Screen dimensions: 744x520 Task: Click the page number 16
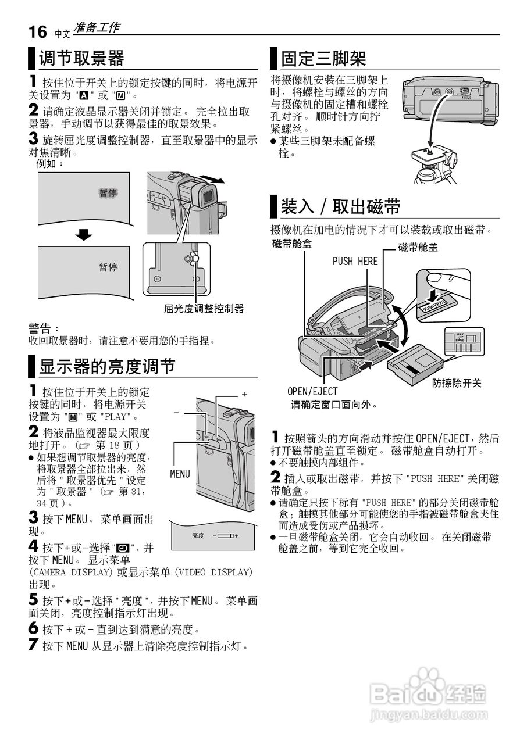pyautogui.click(x=38, y=31)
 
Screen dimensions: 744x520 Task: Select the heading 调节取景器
pyautogui.click(x=81, y=59)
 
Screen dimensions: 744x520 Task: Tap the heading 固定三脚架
pyautogui.click(x=323, y=59)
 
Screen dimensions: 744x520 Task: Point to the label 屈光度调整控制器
pyautogui.click(x=204, y=309)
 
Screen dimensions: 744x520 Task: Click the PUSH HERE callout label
pyautogui.click(x=355, y=262)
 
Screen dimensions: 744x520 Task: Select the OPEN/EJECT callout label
pyautogui.click(x=312, y=392)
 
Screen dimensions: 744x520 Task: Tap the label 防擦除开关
pyautogui.click(x=457, y=384)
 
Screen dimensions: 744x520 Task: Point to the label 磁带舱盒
pyautogui.click(x=291, y=244)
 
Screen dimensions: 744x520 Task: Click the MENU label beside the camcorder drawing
pyautogui.click(x=180, y=474)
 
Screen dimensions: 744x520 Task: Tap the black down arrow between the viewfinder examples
pyautogui.click(x=84, y=235)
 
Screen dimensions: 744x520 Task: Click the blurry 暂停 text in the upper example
pyautogui.click(x=108, y=193)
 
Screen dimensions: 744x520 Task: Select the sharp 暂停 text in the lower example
pyautogui.click(x=108, y=267)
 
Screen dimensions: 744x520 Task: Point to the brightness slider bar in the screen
pyautogui.click(x=225, y=535)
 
